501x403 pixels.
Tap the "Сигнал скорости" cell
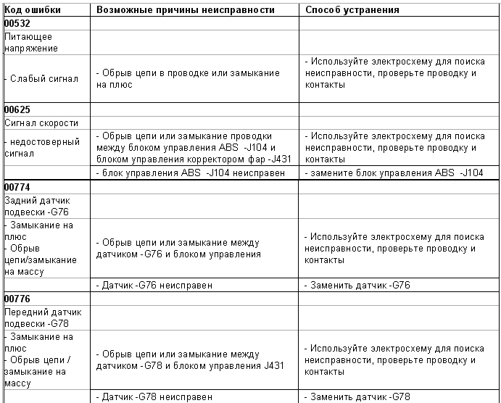(x=41, y=123)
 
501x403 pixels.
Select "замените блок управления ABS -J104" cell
(x=394, y=173)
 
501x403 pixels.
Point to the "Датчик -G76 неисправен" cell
(x=154, y=285)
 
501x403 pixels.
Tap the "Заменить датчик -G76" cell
(x=357, y=285)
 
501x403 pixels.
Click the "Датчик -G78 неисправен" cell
(x=154, y=396)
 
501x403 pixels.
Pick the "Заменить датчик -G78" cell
(x=357, y=396)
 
